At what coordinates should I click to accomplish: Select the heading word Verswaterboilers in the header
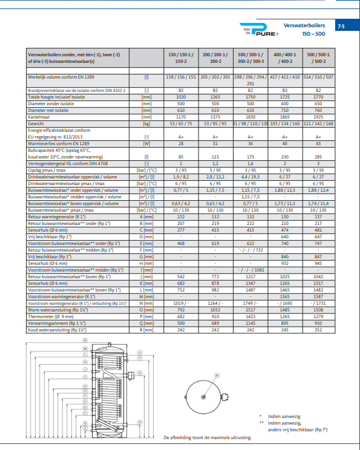[x=303, y=26]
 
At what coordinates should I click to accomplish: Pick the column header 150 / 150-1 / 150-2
[x=181, y=57]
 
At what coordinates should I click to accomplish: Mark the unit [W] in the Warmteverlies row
[x=146, y=143]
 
